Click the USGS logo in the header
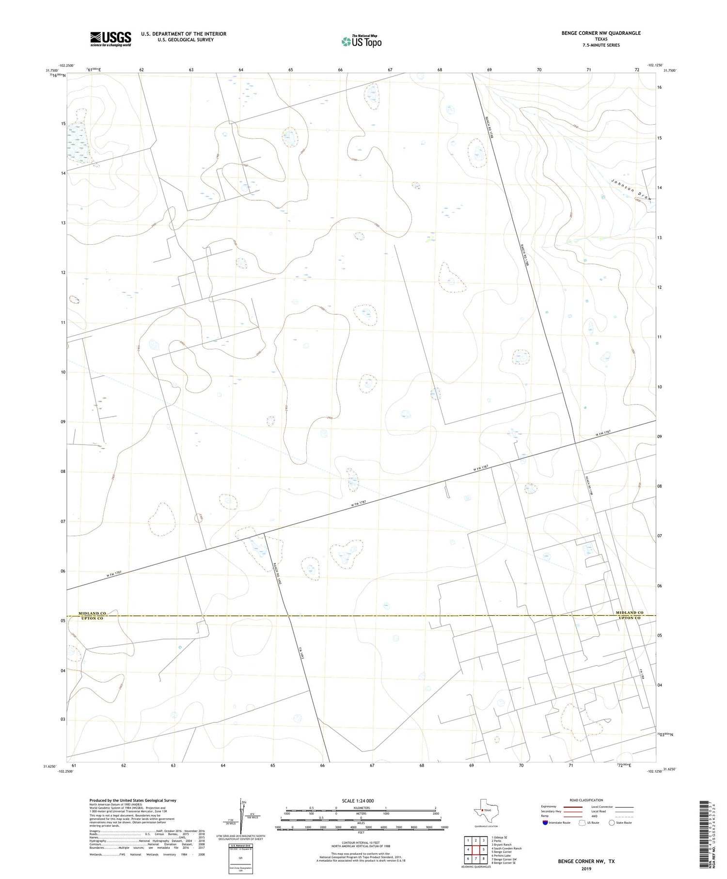coord(111,39)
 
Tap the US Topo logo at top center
coord(361,41)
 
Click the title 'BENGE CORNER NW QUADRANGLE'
coord(601,33)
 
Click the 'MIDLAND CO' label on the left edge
coord(92,613)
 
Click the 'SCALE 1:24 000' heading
coord(358,800)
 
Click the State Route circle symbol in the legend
coord(612,822)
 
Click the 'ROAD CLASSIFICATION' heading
coord(586,800)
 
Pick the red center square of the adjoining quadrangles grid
coord(476,849)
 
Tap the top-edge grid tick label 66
coord(340,70)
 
